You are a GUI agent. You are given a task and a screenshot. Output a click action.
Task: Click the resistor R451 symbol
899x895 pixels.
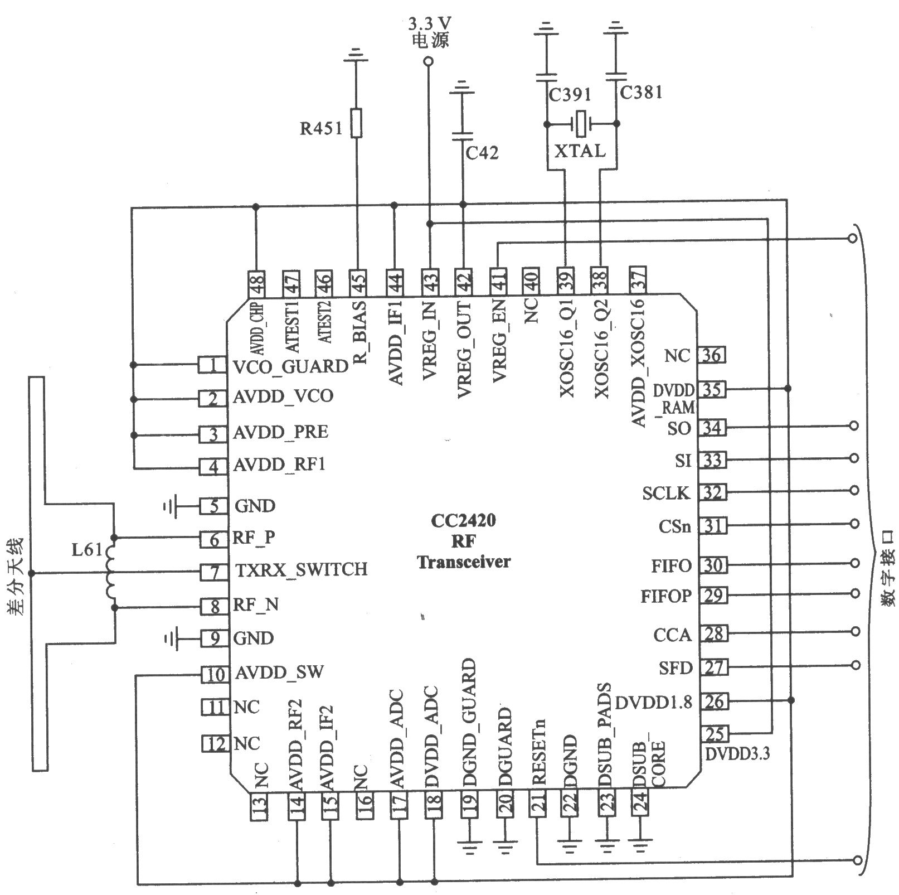(x=357, y=123)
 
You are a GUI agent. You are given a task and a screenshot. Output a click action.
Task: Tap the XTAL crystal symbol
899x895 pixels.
(x=582, y=124)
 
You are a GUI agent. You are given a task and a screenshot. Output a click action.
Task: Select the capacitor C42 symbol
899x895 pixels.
(x=462, y=135)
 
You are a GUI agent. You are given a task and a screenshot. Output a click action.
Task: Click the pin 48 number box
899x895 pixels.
(x=258, y=283)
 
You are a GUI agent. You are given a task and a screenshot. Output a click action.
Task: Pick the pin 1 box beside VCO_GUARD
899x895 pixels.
(x=212, y=365)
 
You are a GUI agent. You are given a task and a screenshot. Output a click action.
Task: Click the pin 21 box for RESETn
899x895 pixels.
(x=537, y=805)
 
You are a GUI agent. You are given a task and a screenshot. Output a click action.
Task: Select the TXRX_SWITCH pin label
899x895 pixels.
(x=302, y=569)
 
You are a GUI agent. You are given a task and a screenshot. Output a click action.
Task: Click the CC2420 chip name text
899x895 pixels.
(x=463, y=521)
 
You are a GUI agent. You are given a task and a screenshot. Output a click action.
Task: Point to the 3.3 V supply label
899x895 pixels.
(x=429, y=25)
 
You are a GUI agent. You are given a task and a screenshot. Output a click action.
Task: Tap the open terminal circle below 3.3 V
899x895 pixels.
(x=429, y=61)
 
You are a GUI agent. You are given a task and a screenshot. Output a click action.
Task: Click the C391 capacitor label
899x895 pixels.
(x=570, y=95)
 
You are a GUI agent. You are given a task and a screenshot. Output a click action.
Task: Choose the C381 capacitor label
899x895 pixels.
(x=642, y=92)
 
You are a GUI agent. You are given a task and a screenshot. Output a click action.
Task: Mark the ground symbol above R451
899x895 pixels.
(x=357, y=55)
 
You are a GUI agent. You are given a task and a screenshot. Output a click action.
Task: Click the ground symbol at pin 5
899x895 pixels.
(x=171, y=506)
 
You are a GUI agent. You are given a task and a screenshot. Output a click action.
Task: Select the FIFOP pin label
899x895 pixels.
(x=666, y=597)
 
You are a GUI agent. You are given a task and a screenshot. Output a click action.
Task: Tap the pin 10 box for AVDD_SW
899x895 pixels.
(x=215, y=675)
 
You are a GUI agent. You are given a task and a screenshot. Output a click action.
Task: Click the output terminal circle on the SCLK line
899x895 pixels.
(x=853, y=491)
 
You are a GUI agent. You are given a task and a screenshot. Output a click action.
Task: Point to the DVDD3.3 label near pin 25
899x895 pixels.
(x=737, y=754)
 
